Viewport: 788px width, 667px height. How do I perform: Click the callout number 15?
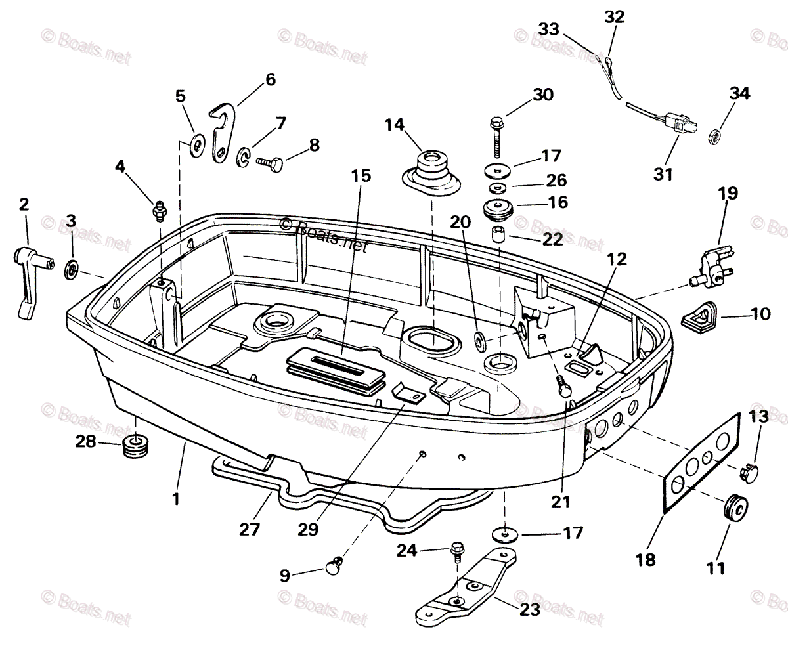coord(361,176)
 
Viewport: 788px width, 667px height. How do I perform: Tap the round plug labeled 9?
coord(335,565)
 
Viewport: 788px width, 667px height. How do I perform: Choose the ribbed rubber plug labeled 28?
coord(135,448)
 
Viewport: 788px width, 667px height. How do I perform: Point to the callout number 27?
coord(250,529)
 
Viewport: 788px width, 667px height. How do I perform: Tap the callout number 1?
coord(175,499)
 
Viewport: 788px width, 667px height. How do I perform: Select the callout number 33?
coord(549,29)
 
